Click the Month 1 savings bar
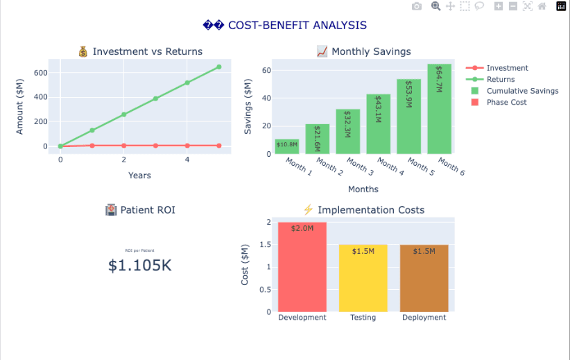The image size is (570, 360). pyautogui.click(x=287, y=146)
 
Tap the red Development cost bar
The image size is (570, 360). pyautogui.click(x=302, y=267)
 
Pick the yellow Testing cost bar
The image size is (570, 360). pyautogui.click(x=363, y=278)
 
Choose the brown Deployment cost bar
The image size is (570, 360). pyautogui.click(x=424, y=278)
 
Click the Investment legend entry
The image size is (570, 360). pyautogui.click(x=507, y=68)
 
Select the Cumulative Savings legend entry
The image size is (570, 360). pyautogui.click(x=521, y=91)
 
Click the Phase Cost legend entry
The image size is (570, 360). pyautogui.click(x=506, y=102)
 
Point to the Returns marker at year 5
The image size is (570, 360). pyautogui.click(x=219, y=67)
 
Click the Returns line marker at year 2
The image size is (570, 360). pyautogui.click(x=124, y=114)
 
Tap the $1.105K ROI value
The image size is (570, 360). pyautogui.click(x=140, y=265)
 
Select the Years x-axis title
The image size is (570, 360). pyautogui.click(x=139, y=175)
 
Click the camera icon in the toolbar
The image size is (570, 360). pyautogui.click(x=417, y=6)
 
